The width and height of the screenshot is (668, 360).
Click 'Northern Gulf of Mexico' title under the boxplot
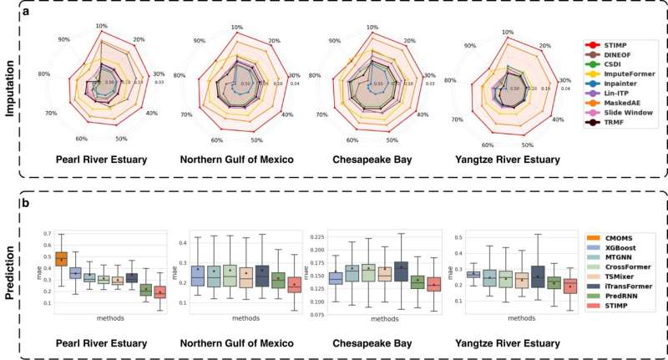pos(235,343)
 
